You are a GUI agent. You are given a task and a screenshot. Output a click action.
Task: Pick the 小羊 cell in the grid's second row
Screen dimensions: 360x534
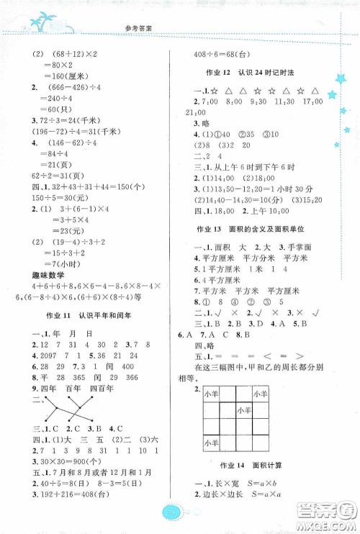coord(245,409)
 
